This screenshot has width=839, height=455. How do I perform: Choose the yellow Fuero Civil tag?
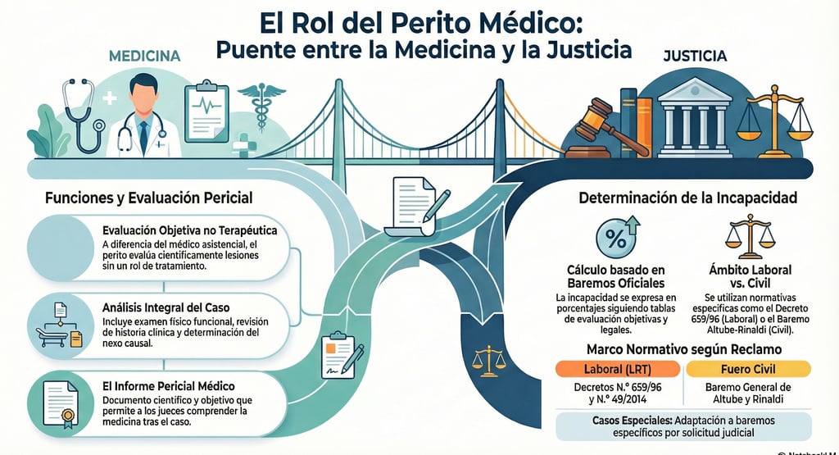point(747,368)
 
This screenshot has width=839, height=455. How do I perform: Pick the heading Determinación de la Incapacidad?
point(687,198)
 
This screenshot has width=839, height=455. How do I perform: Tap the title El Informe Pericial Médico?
point(168,385)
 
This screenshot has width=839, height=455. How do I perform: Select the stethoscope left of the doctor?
point(79,115)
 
